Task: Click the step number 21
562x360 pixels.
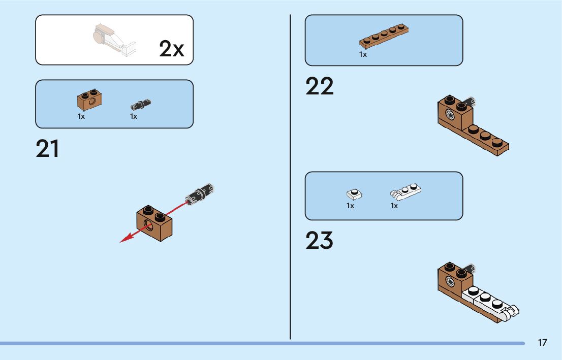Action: pos(47,149)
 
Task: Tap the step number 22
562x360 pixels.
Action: pos(320,87)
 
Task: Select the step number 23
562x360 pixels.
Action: pos(320,241)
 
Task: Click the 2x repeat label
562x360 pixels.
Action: pos(171,49)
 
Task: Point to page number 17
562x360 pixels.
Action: pos(542,343)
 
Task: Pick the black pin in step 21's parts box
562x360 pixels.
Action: pos(141,105)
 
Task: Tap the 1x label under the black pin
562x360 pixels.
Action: pos(134,116)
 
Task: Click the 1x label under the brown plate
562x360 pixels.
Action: pos(363,54)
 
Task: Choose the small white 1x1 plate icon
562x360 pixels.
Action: pos(354,194)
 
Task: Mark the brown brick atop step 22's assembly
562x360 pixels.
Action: pos(455,111)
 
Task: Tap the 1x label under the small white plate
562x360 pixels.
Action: pos(351,206)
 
